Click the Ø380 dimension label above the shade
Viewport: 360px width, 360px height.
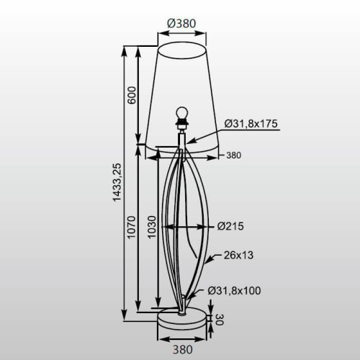pyautogui.click(x=182, y=22)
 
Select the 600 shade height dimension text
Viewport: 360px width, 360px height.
pyautogui.click(x=132, y=96)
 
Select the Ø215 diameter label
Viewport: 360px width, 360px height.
pyautogui.click(x=233, y=226)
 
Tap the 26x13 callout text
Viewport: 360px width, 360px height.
pyautogui.click(x=239, y=255)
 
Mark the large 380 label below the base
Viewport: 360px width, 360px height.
pyautogui.click(x=183, y=350)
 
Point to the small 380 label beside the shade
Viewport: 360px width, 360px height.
pyautogui.click(x=233, y=155)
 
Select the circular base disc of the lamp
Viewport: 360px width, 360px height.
pyautogui.click(x=182, y=318)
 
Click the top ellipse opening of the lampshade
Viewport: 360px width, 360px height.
pyautogui.click(x=182, y=49)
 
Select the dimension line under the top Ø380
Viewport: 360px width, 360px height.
pyautogui.click(x=182, y=32)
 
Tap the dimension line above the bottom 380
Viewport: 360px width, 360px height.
pyautogui.click(x=182, y=337)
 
